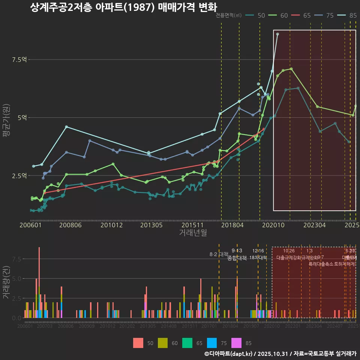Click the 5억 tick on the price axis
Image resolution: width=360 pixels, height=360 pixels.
click(x=22, y=118)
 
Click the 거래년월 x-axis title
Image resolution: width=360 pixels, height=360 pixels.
click(x=193, y=233)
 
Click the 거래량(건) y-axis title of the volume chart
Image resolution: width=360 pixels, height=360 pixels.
click(x=6, y=282)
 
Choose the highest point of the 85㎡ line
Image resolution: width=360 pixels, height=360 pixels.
click(x=277, y=34)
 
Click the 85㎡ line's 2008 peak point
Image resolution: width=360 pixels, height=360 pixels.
click(x=66, y=127)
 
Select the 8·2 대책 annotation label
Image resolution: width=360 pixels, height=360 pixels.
click(x=219, y=254)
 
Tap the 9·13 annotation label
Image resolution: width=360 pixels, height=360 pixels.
click(x=237, y=250)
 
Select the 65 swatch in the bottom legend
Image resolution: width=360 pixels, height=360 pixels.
click(x=187, y=343)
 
